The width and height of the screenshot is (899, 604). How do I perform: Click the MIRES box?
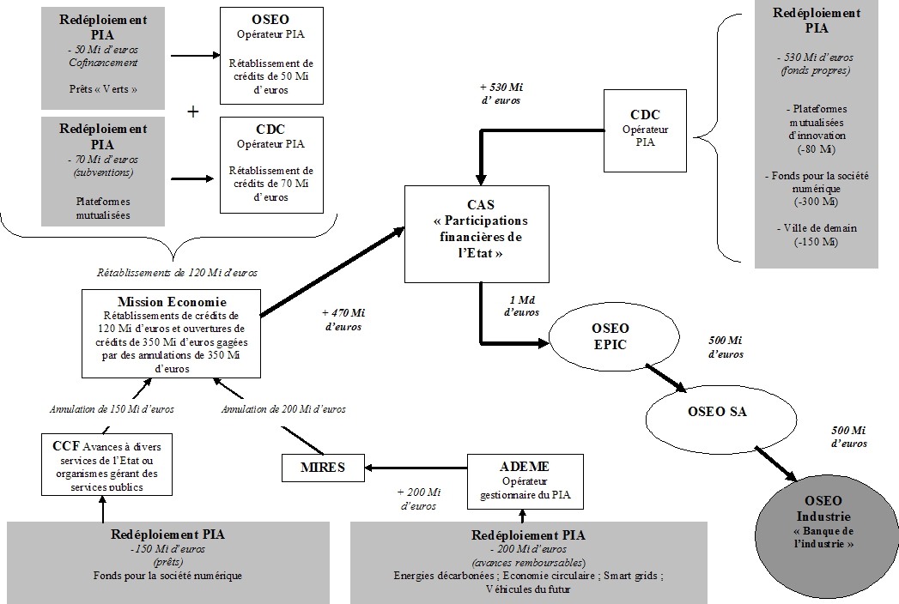coord(323,468)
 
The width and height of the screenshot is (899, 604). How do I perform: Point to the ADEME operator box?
coord(523,480)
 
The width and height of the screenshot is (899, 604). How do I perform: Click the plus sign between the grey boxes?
coord(193,112)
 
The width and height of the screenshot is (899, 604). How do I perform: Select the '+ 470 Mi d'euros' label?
coord(343,320)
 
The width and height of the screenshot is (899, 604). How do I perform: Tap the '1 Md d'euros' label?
coord(521,305)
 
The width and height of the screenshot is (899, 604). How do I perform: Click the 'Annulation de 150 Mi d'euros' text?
coord(112,409)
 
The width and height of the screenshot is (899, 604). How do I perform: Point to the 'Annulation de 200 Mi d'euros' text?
coord(283,409)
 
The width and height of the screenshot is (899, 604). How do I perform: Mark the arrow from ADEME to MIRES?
coord(416,468)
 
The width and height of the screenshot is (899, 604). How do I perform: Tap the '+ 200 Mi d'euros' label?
coord(418,498)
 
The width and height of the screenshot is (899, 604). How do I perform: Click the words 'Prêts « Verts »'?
coord(103,88)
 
